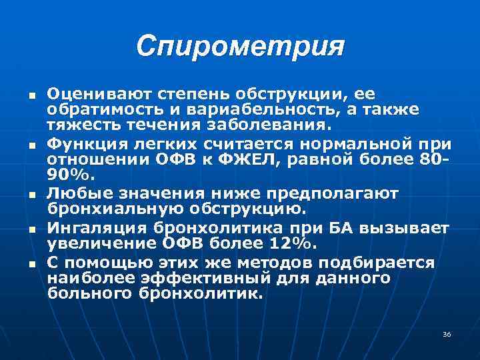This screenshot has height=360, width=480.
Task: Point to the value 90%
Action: pos(65,175)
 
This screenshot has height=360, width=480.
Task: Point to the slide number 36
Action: pos(447,334)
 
